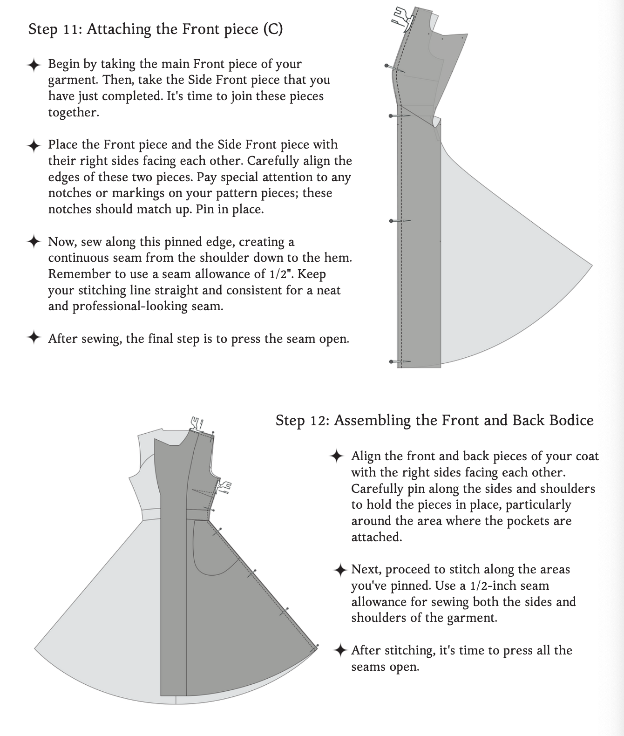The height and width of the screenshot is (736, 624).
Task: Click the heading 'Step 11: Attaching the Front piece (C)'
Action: point(156,29)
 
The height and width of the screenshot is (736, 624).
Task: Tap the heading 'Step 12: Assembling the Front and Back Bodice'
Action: point(434,421)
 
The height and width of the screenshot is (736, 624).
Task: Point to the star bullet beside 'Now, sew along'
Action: point(34,242)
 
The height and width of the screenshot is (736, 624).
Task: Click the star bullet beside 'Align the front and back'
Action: point(337,457)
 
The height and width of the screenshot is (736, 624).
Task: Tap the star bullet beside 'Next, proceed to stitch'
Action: point(340,570)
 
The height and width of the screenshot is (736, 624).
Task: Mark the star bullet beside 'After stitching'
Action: point(340,650)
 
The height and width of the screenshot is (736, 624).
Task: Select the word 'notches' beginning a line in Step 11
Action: point(70,209)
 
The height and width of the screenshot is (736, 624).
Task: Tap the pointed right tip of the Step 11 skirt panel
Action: point(591,266)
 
